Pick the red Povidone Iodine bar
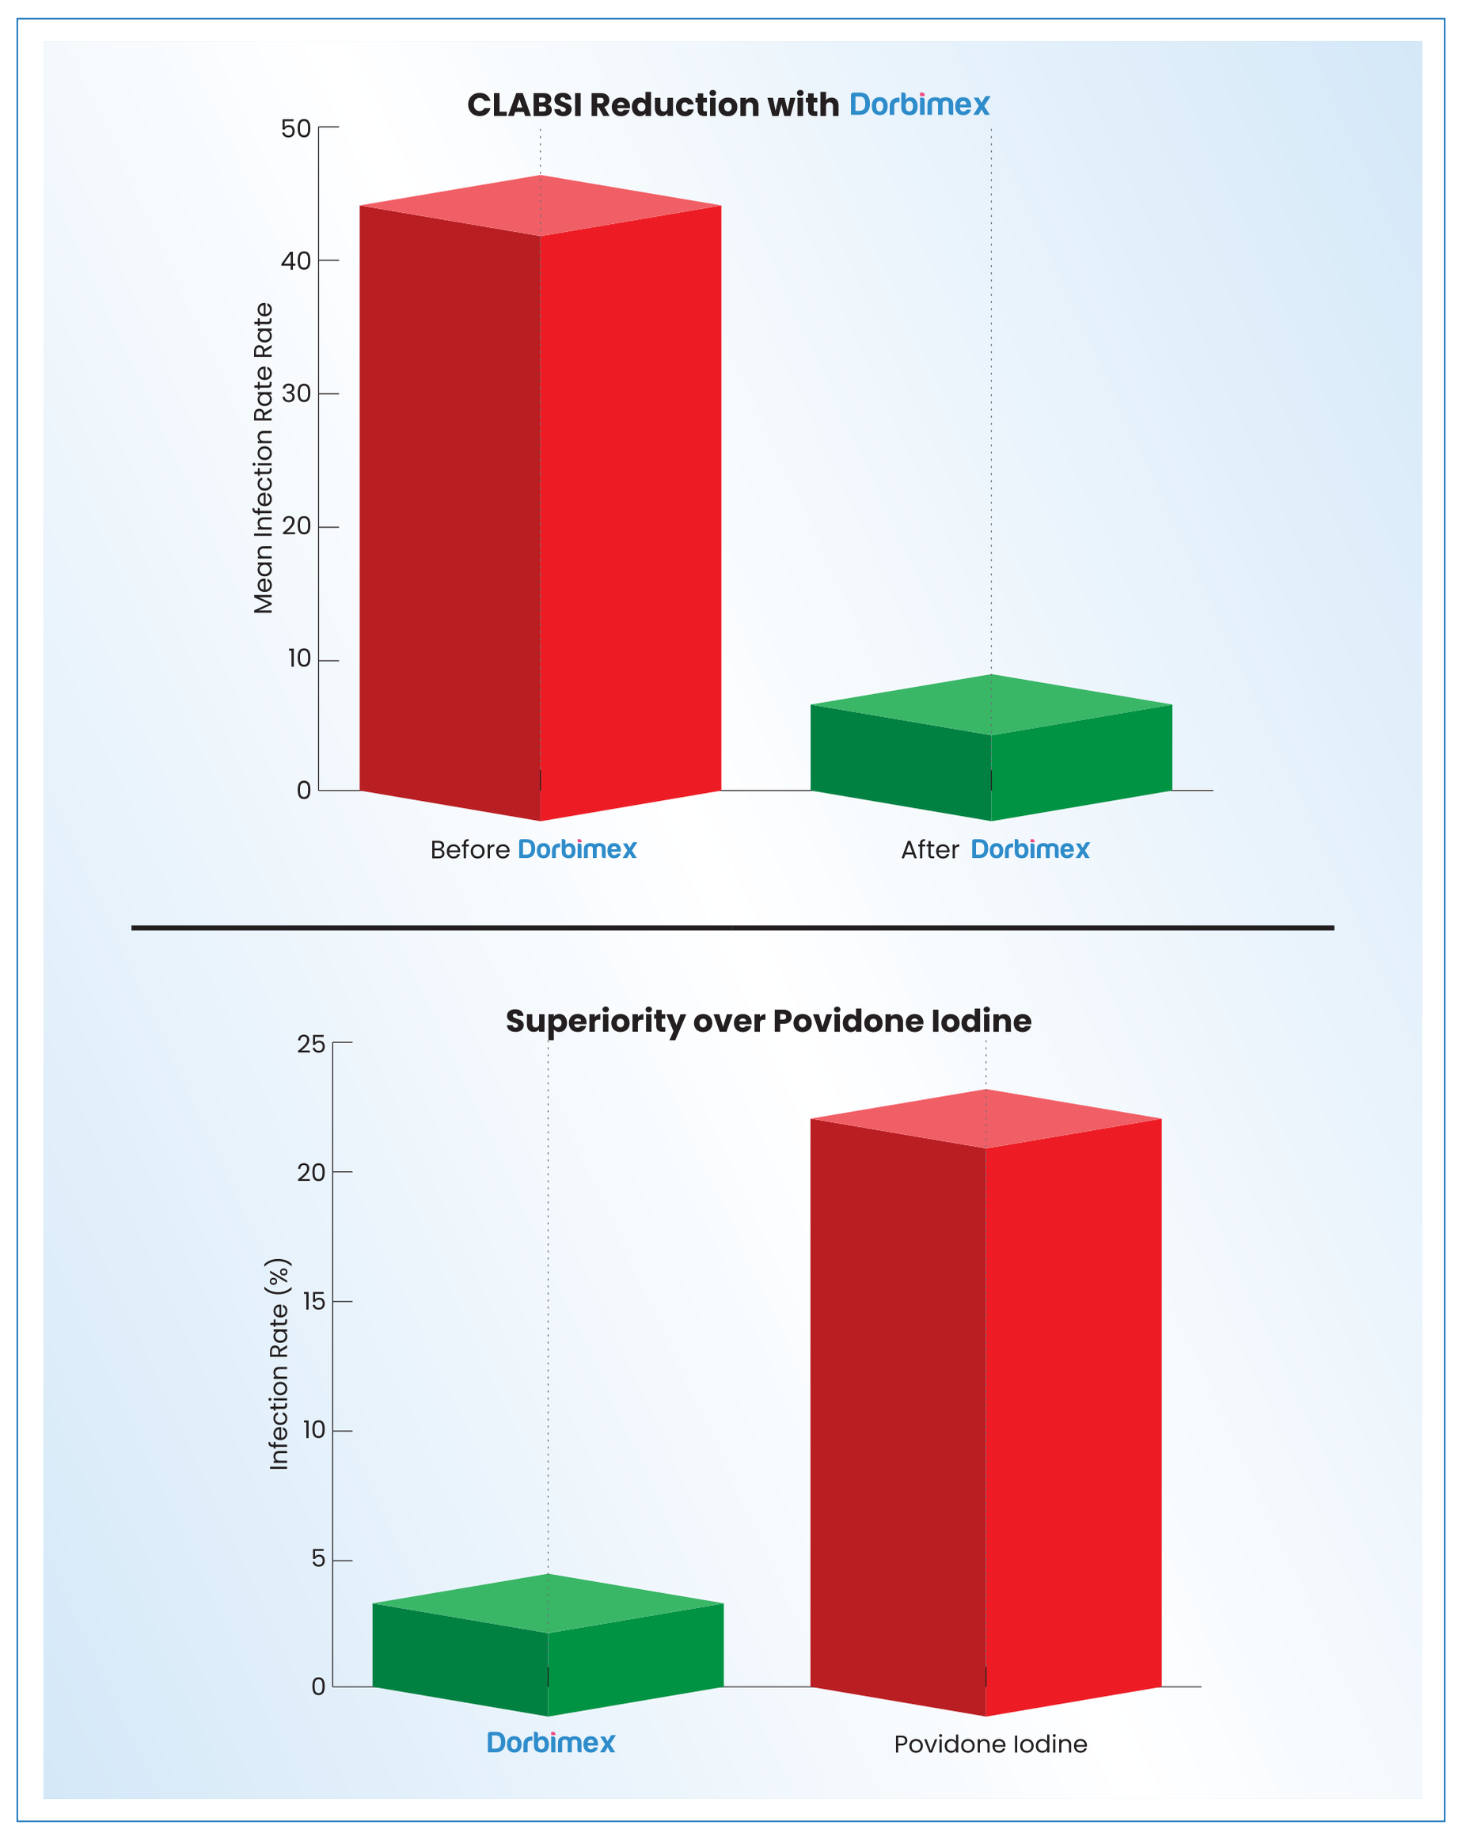985,1408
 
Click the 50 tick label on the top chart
295,129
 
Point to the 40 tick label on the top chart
295,261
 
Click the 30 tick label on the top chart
295,394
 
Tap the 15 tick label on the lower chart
313,1302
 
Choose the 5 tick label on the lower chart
317,1559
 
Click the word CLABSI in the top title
524,105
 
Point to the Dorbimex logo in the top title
919,105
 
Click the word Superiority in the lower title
594,1022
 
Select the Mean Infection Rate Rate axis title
263,458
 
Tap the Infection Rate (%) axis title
279,1363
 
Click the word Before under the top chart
469,850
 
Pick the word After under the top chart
929,850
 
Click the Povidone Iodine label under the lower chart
990,1744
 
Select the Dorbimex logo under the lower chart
550,1743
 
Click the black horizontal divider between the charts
732,928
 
